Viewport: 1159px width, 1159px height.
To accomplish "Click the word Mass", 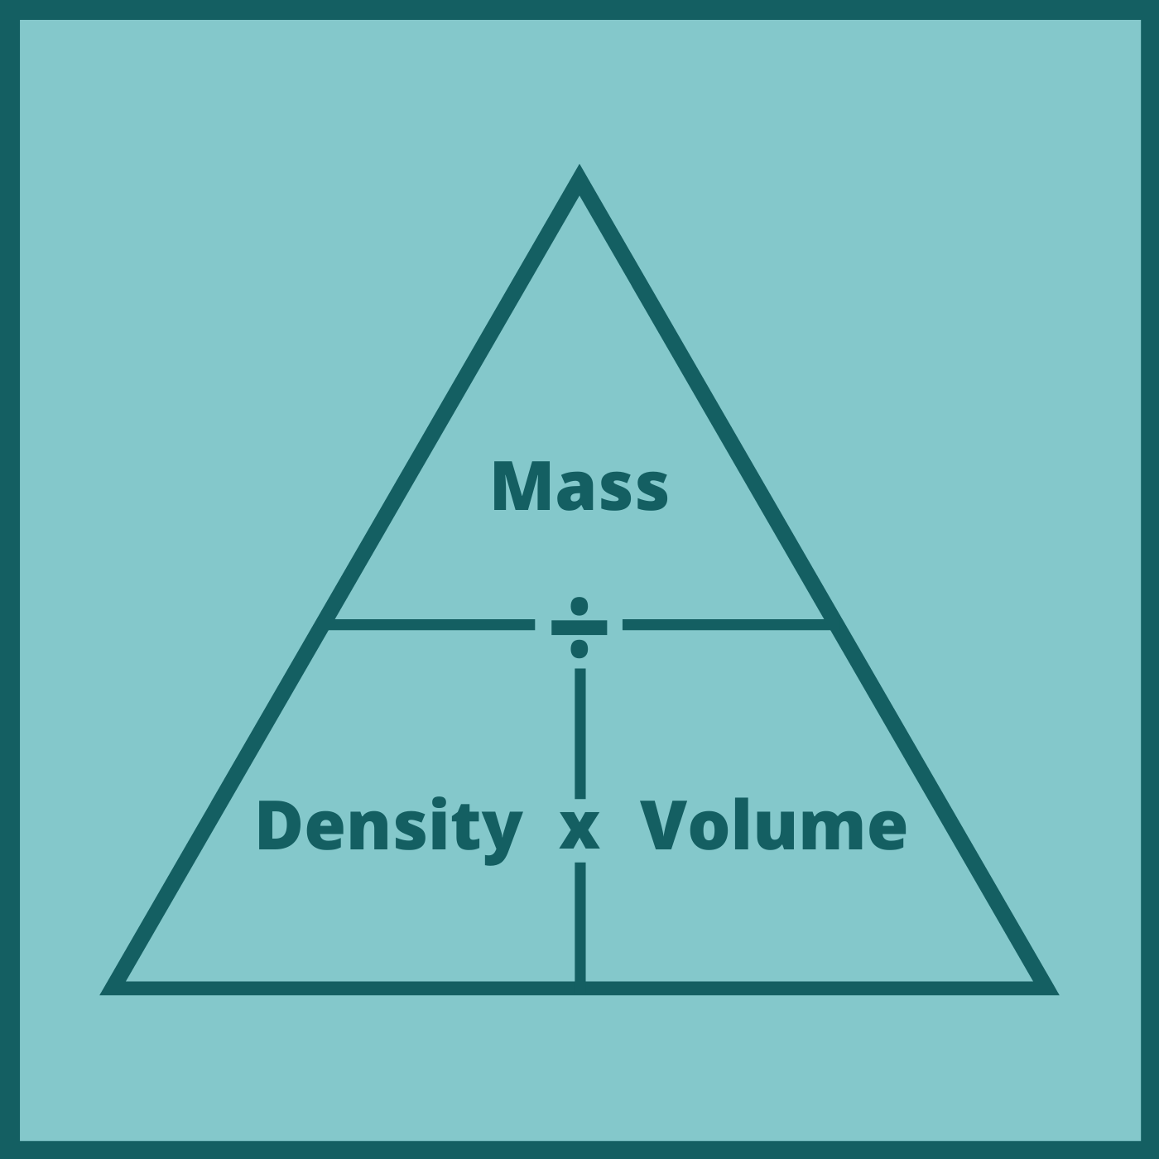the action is point(579,487).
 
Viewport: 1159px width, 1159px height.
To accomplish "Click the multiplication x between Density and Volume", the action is point(579,830).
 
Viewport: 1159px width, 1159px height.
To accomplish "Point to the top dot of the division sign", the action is point(579,606).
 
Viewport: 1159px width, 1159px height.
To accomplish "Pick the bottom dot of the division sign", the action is point(579,649).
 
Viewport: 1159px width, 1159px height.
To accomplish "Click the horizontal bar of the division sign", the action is point(579,628).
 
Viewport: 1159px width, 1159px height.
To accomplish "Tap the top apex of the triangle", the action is point(579,165).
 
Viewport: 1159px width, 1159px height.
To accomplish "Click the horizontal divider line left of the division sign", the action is point(430,624).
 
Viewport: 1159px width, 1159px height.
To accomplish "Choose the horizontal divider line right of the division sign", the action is point(727,624).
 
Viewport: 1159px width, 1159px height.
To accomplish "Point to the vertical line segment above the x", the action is point(579,733).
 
